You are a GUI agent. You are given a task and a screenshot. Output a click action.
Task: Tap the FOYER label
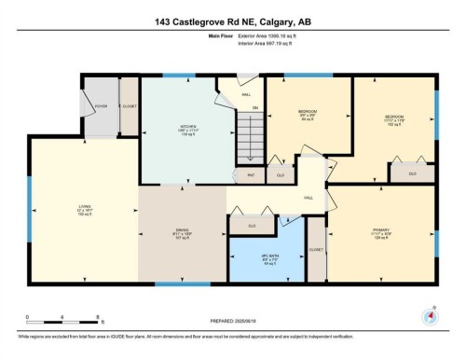point(100,106)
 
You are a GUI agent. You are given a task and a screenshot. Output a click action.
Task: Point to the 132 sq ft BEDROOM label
point(392,118)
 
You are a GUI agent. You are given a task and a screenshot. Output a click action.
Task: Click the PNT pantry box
point(251,174)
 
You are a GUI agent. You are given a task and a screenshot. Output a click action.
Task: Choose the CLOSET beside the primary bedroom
point(317,250)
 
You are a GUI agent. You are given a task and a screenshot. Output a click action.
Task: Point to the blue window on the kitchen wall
point(173,75)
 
